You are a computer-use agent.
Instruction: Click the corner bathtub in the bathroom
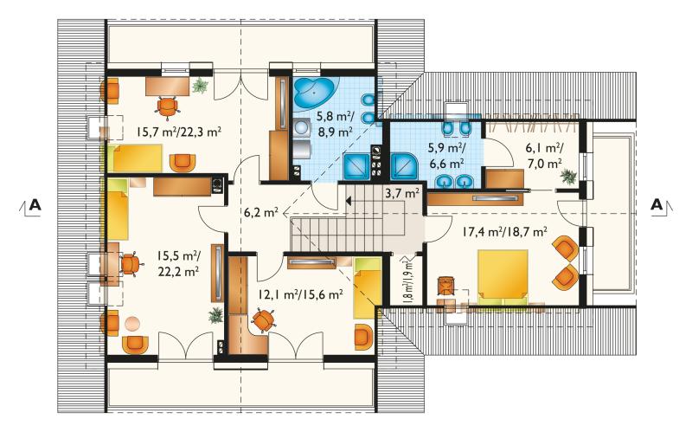click(315, 93)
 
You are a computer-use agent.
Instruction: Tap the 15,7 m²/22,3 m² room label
click(179, 132)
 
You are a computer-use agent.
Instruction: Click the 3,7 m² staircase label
click(402, 192)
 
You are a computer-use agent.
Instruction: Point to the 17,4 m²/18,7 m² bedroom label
click(505, 231)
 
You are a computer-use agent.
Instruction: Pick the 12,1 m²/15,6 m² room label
click(301, 293)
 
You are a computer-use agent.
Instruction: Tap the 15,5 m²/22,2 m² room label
click(179, 263)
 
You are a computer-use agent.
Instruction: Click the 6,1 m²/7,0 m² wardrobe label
click(545, 157)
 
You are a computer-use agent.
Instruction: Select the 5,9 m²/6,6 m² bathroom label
click(446, 157)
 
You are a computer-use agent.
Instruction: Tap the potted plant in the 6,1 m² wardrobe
click(568, 177)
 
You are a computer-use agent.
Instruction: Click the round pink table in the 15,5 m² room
click(132, 325)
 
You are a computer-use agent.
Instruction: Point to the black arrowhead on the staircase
click(349, 202)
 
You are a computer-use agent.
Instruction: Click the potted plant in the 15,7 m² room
click(200, 85)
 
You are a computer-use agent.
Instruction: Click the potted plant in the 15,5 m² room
click(215, 315)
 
